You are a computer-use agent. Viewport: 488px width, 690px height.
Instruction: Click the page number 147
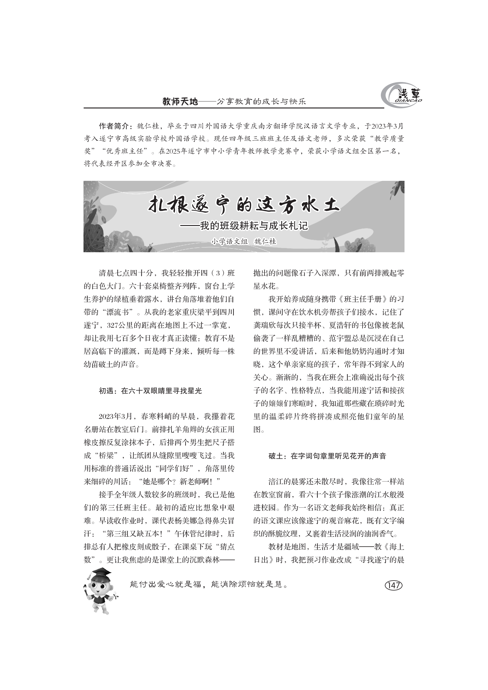393,585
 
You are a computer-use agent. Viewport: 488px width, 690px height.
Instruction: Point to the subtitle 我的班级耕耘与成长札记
254,226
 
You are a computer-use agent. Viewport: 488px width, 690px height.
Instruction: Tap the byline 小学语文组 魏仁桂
244,241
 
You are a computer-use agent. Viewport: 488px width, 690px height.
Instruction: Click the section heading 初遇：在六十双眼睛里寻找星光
150,391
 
